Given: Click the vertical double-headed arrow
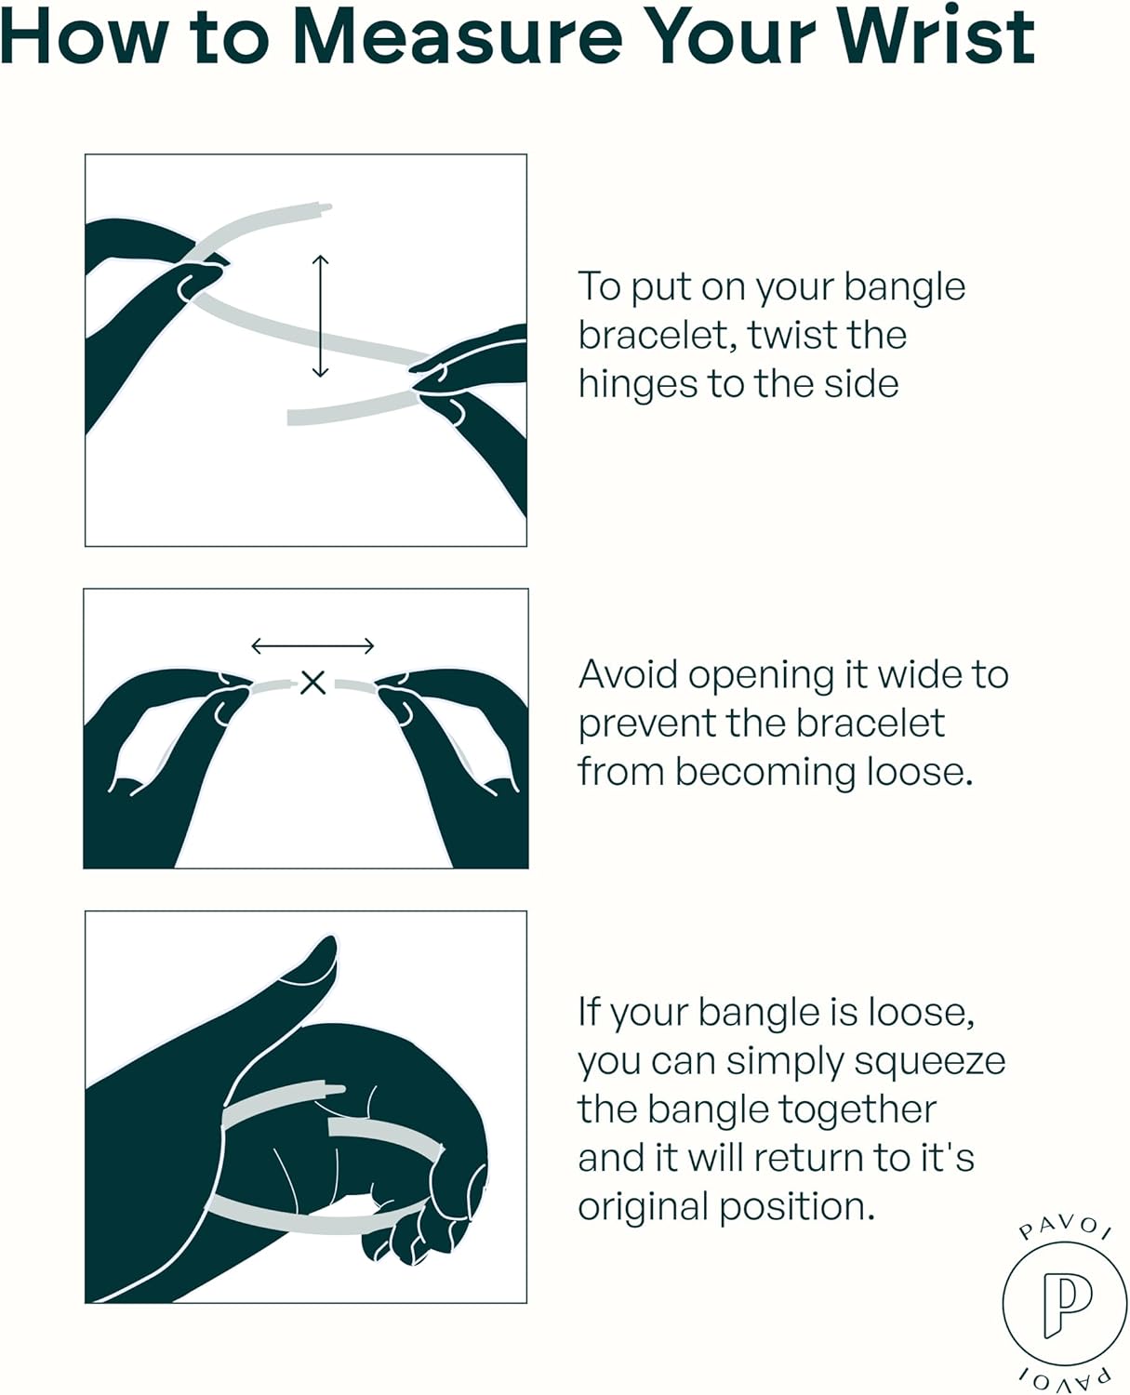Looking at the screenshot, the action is point(320,316).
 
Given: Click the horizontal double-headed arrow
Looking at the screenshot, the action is point(312,646).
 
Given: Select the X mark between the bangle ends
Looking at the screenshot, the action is point(313,683).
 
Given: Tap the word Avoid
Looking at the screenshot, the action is point(628,674).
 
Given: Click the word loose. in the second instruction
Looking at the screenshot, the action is point(921,772).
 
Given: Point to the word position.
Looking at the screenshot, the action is point(797,1208).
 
